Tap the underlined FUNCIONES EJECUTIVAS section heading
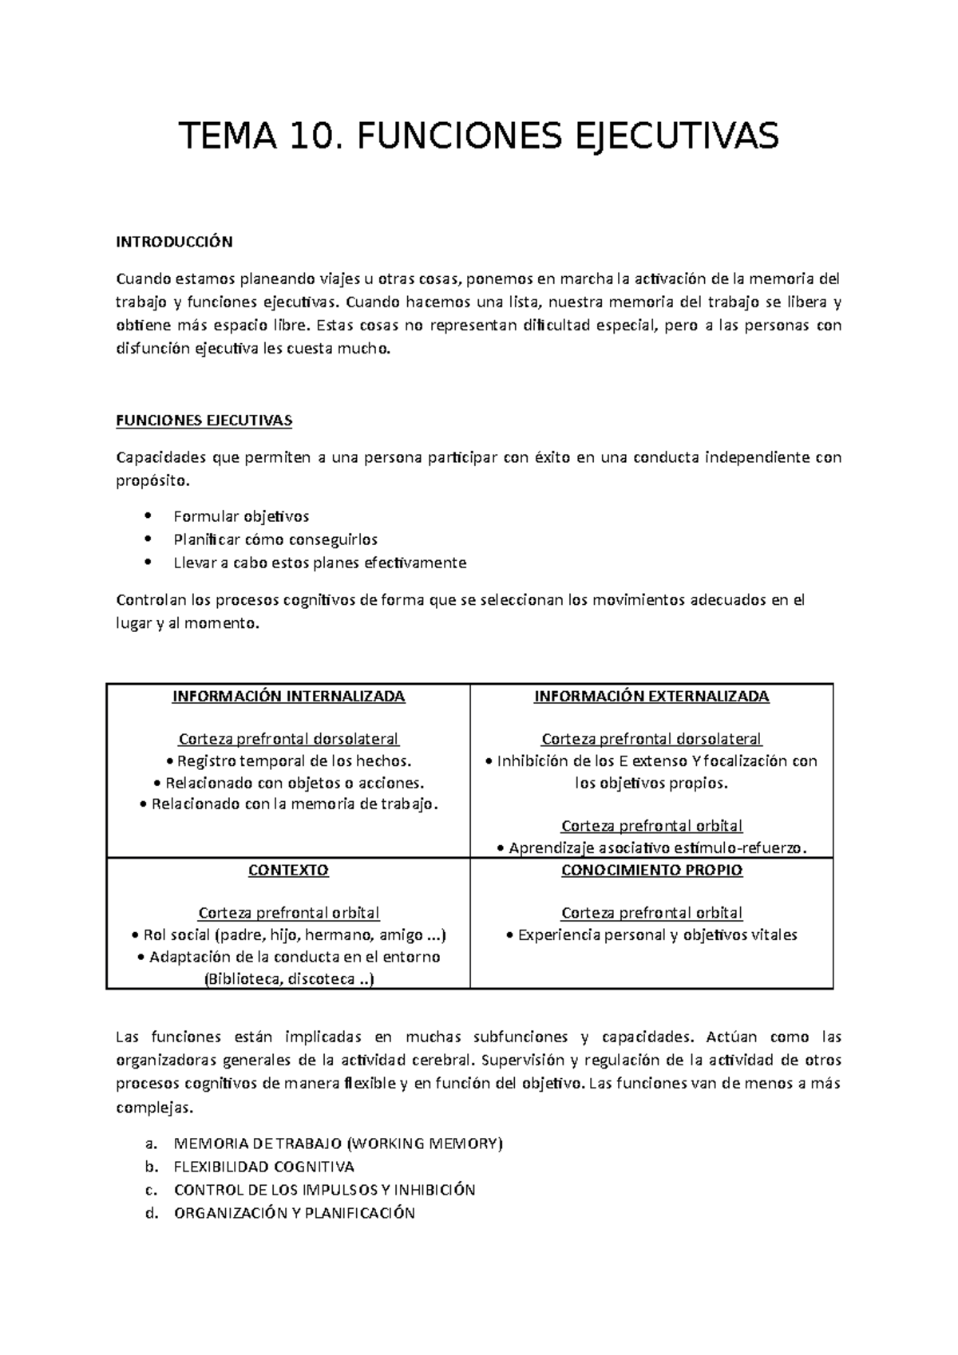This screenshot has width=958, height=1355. (x=204, y=421)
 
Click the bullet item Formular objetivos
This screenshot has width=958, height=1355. (x=241, y=516)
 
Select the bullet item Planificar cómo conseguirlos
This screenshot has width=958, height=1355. (x=275, y=539)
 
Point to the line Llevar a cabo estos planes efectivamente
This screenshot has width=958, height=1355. (x=319, y=563)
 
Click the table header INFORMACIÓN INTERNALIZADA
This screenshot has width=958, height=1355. (x=288, y=696)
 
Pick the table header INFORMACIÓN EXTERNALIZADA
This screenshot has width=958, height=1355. (x=651, y=696)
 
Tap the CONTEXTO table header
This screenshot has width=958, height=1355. (x=288, y=870)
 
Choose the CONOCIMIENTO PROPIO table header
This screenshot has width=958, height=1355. (x=651, y=870)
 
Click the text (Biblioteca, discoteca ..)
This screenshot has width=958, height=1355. (x=288, y=978)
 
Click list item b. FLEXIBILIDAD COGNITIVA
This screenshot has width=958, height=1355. (x=263, y=1167)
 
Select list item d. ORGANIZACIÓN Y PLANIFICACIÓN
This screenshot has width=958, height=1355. (x=294, y=1213)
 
